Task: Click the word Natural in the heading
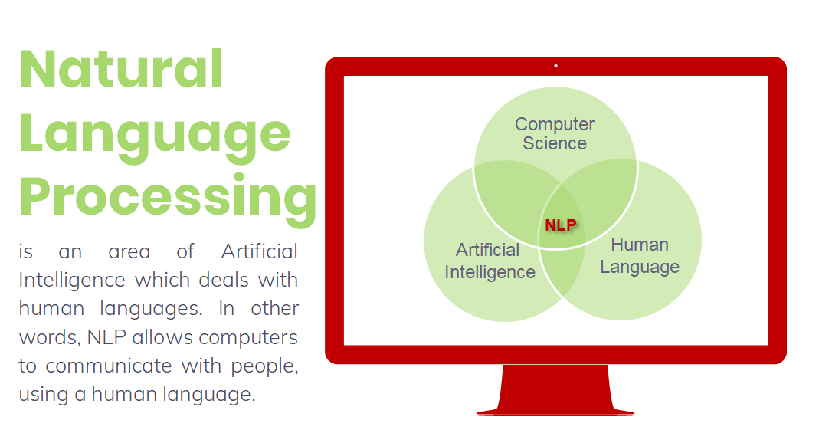pyautogui.click(x=122, y=69)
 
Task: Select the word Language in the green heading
pyautogui.click(x=155, y=137)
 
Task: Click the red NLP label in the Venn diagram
pyautogui.click(x=561, y=225)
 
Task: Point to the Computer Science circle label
pyautogui.click(x=555, y=133)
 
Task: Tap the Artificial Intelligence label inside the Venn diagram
pyautogui.click(x=490, y=261)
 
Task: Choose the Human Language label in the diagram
pyautogui.click(x=640, y=256)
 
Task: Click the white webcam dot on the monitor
pyautogui.click(x=555, y=66)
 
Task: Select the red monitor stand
pyautogui.click(x=555, y=390)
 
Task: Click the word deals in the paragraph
pyautogui.click(x=224, y=280)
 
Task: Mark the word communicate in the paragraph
pyautogui.click(x=109, y=366)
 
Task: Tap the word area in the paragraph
pyautogui.click(x=129, y=252)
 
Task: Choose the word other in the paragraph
pyautogui.click(x=275, y=308)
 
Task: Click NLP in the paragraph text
pyautogui.click(x=106, y=337)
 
